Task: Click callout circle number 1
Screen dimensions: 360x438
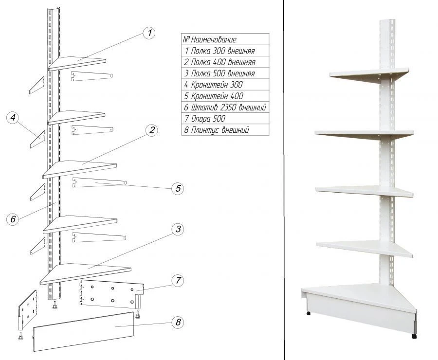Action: [149, 33]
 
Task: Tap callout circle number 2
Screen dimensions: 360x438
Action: [152, 130]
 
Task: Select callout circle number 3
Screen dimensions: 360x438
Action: [178, 229]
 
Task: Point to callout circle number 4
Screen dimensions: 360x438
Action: [14, 117]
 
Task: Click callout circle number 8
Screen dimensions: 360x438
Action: [178, 322]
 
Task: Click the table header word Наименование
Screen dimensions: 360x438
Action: [214, 39]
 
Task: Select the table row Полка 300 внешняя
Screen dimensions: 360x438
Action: [223, 51]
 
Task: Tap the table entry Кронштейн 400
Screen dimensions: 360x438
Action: [217, 96]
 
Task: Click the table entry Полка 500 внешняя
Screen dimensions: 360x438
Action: [223, 73]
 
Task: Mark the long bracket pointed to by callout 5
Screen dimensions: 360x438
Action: [100, 183]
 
